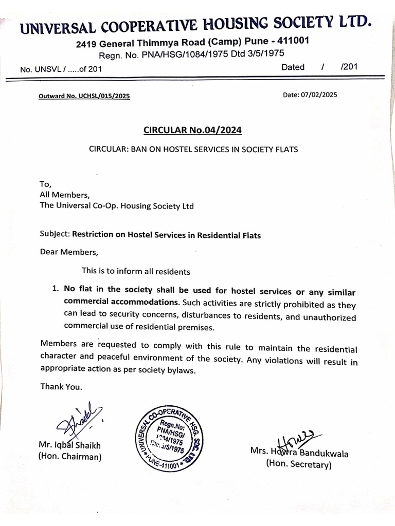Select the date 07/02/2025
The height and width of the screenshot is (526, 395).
click(319, 95)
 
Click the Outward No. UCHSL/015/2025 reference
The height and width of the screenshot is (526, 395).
click(84, 96)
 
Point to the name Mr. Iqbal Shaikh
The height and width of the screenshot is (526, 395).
click(70, 445)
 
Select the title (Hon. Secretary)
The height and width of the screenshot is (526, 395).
click(299, 465)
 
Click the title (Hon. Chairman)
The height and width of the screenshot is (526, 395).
click(70, 457)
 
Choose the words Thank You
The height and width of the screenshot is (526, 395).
click(61, 387)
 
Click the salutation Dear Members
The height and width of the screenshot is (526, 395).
click(68, 252)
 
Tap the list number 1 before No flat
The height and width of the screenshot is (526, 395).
click(55, 289)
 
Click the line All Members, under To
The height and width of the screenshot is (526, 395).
click(65, 194)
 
